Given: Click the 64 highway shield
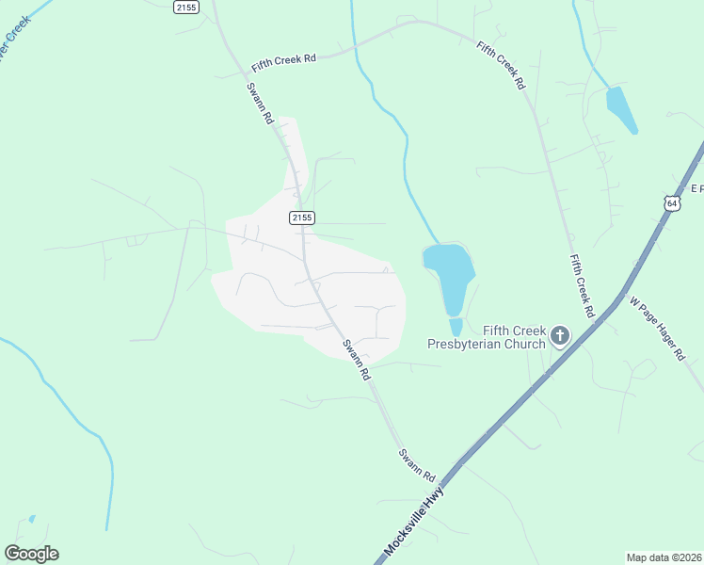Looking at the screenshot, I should pyautogui.click(x=671, y=202).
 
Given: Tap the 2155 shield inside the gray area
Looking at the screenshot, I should pyautogui.click(x=301, y=218).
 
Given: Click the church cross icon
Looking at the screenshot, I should pyautogui.click(x=560, y=336).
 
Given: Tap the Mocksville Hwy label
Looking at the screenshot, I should pyautogui.click(x=414, y=519).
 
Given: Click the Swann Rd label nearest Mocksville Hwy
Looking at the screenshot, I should pyautogui.click(x=417, y=463).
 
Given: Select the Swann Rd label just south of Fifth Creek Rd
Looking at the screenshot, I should pyautogui.click(x=260, y=104).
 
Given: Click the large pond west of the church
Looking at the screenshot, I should pyautogui.click(x=448, y=273).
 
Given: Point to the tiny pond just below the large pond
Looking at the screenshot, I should pyautogui.click(x=456, y=327).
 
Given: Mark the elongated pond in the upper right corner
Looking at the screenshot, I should pyautogui.click(x=621, y=109).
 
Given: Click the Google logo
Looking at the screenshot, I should pyautogui.click(x=31, y=554).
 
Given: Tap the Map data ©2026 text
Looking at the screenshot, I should pyautogui.click(x=664, y=557).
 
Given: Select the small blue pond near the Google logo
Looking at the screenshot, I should pyautogui.click(x=32, y=519).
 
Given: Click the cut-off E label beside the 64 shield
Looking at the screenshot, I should pyautogui.click(x=696, y=188).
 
